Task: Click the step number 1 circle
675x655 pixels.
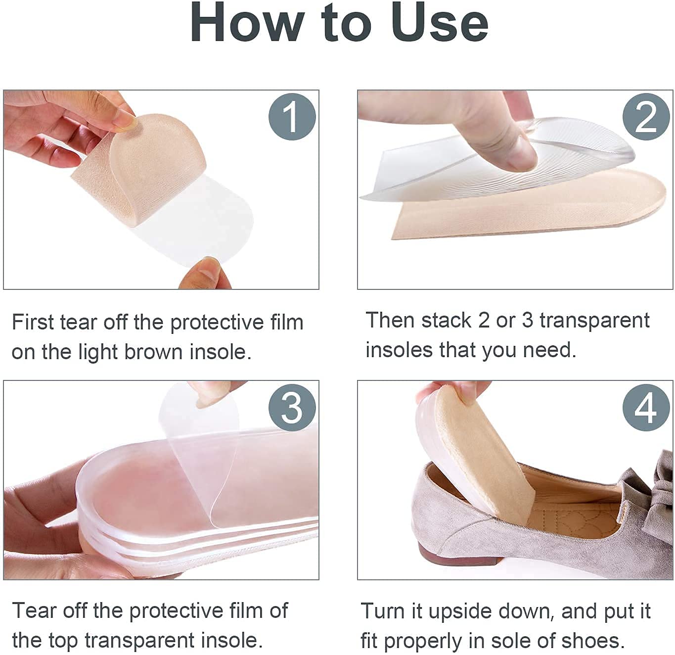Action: (x=292, y=117)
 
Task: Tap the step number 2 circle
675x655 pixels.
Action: (x=646, y=117)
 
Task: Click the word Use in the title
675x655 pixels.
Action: (x=439, y=23)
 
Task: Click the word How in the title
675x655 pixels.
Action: (x=247, y=23)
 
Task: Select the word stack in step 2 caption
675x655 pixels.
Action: (x=447, y=321)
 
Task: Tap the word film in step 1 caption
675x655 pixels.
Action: (x=286, y=323)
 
